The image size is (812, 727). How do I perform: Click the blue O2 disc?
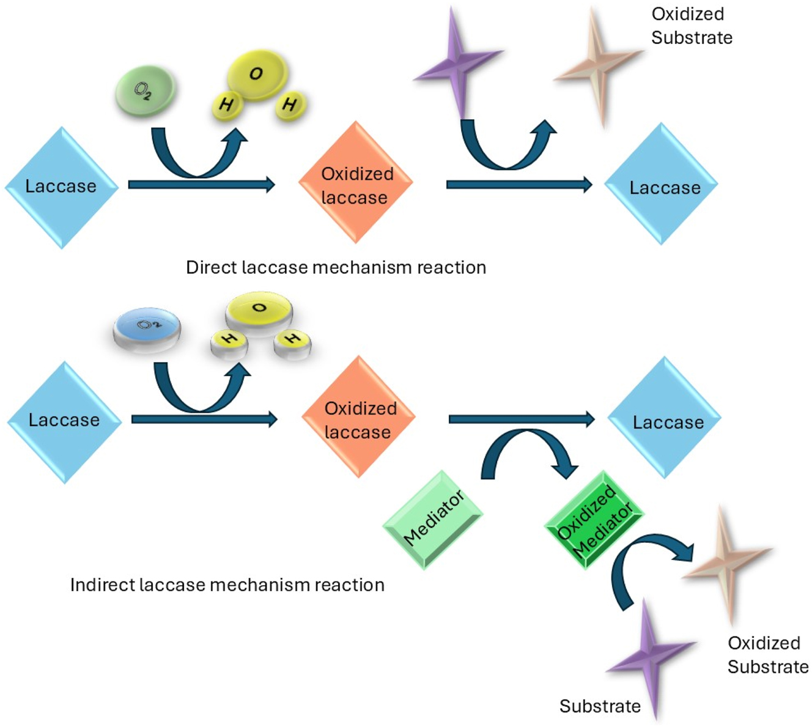(x=147, y=329)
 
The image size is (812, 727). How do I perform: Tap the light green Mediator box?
(x=433, y=519)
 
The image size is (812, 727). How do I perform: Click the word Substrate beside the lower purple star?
(x=600, y=706)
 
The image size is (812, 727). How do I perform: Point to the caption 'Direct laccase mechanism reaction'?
(x=336, y=268)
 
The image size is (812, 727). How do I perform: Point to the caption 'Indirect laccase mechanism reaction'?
(x=227, y=585)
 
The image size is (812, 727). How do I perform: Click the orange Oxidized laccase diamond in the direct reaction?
(x=355, y=183)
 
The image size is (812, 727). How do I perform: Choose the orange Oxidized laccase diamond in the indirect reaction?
(x=359, y=418)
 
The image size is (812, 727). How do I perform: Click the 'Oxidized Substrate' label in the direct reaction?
(x=691, y=26)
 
